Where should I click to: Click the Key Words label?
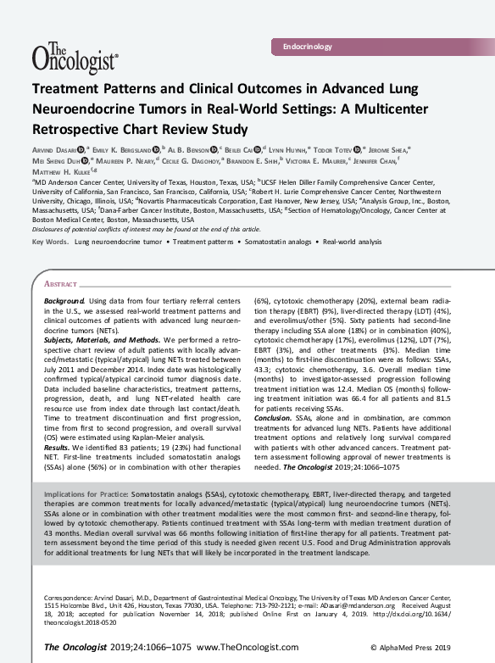pos(51,242)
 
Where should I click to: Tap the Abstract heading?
pos(60,285)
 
